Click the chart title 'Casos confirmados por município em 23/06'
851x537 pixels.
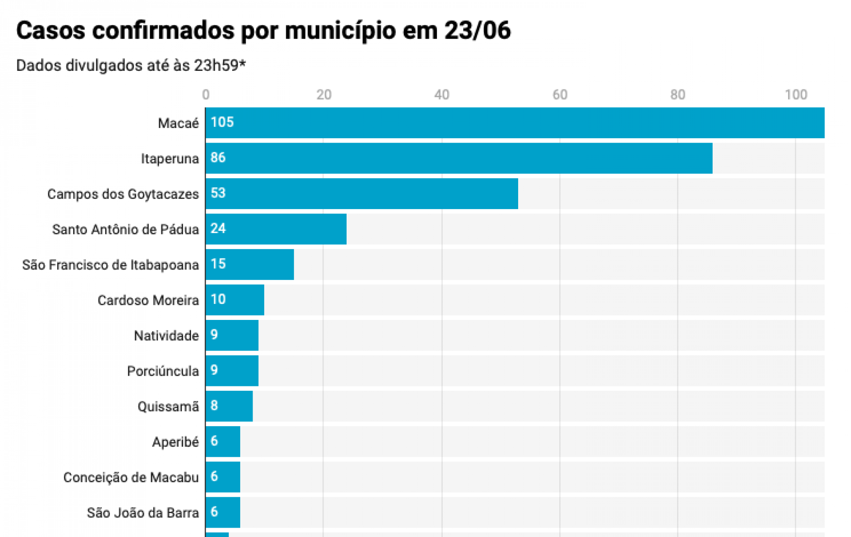tap(263, 31)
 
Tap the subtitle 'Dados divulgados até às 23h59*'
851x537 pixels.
tap(131, 66)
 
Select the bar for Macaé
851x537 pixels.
tap(514, 123)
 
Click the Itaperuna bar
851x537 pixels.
tap(459, 158)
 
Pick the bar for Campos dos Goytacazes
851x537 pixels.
tap(362, 194)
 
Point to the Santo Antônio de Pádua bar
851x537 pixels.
tap(276, 229)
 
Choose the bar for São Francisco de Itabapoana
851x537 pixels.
tap(250, 265)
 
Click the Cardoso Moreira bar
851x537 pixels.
tap(235, 300)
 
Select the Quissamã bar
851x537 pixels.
tap(229, 406)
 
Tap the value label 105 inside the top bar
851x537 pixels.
tap(222, 122)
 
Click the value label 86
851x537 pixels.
tap(218, 158)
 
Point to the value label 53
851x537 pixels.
tap(218, 193)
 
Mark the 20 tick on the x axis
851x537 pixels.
tap(324, 95)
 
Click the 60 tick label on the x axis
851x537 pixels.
tap(560, 95)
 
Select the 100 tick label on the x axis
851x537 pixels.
tap(796, 95)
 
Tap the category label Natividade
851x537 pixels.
tap(166, 336)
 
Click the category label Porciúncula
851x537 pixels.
tap(163, 371)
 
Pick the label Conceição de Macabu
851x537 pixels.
tap(131, 478)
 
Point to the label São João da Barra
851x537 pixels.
tap(143, 513)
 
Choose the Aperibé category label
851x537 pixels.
tap(176, 442)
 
